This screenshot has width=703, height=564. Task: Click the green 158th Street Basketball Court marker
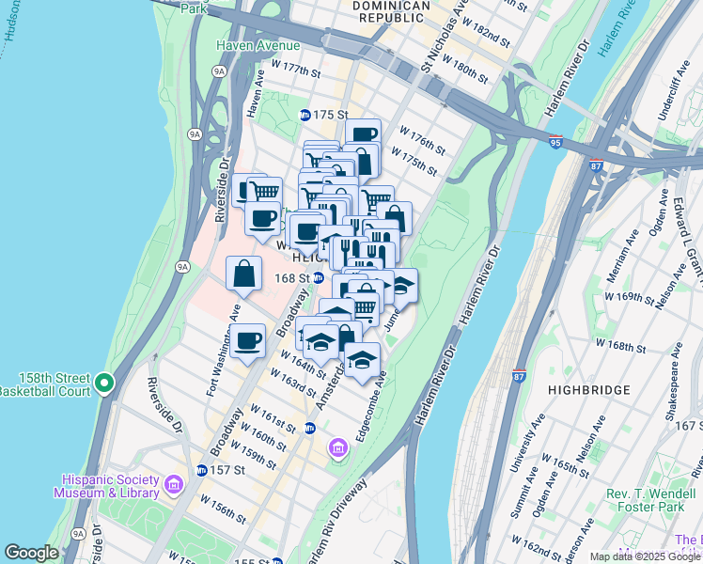(103, 383)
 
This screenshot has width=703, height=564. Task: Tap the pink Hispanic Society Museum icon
(173, 485)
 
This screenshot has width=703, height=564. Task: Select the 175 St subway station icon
(305, 115)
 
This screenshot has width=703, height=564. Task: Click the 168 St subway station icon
(319, 278)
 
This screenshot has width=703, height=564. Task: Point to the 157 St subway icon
(201, 470)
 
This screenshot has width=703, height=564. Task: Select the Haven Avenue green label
(258, 45)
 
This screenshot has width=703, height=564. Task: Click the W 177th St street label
(295, 70)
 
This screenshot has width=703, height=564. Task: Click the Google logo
(32, 553)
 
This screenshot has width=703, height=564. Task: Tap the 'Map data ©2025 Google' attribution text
(644, 556)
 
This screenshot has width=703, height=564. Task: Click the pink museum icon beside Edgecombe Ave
(337, 450)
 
